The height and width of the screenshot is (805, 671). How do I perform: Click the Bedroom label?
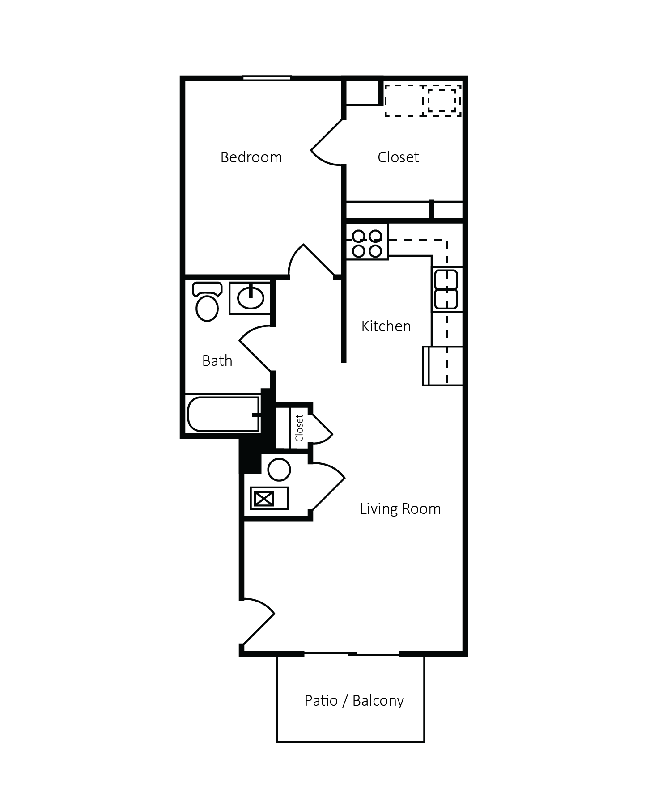251,157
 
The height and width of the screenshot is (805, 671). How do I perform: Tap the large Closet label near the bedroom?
398,157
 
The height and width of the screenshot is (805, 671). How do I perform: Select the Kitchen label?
386,326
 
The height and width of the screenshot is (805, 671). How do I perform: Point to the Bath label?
217,361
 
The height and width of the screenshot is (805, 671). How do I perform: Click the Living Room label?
400,509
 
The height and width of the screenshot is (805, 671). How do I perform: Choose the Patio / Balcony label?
354,700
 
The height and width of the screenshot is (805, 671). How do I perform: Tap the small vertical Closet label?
299,428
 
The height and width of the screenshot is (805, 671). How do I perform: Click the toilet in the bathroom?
207,303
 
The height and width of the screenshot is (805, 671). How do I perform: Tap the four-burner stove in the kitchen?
367,243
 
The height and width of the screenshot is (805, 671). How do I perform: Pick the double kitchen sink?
446,289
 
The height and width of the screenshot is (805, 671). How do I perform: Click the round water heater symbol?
279,470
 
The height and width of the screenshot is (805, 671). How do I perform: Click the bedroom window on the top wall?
267,79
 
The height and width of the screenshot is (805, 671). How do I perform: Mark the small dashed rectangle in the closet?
442,101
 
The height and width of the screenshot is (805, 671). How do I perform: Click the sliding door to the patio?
352,654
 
